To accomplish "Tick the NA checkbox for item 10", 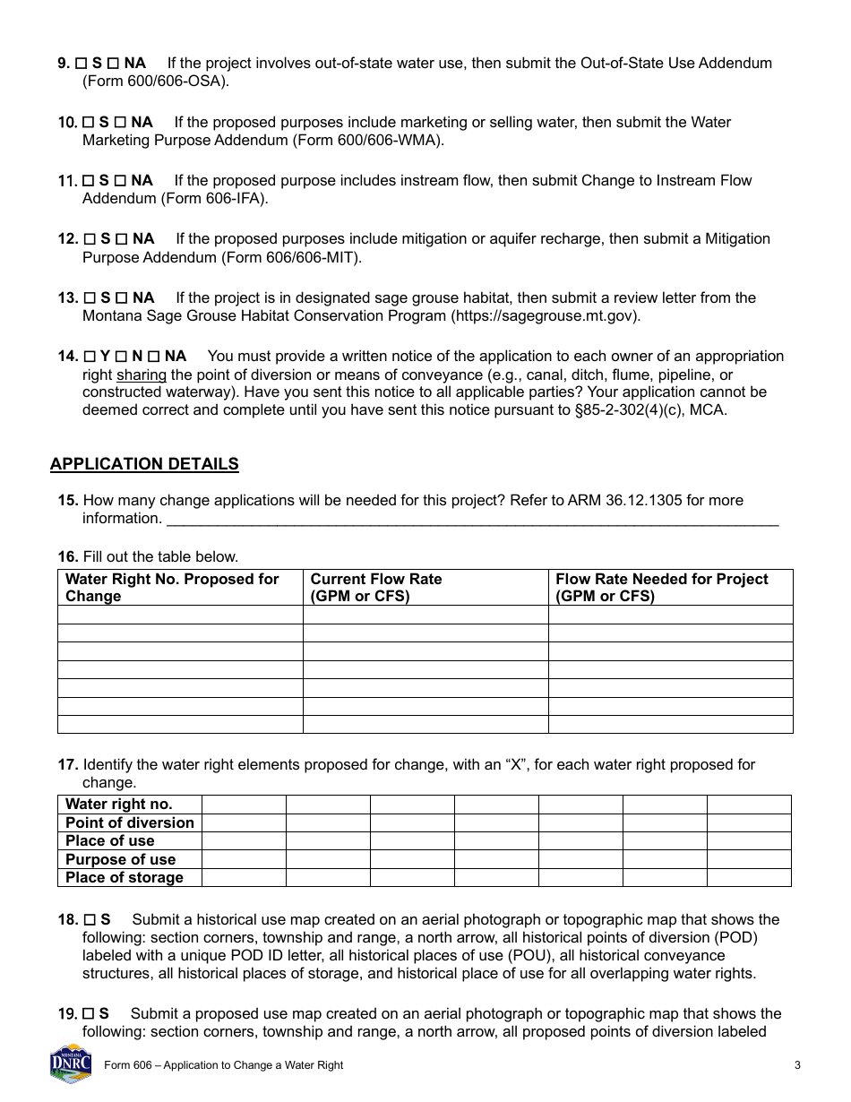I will click(122, 122).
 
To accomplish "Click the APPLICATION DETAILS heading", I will click(144, 464).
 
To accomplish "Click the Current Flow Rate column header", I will click(376, 587).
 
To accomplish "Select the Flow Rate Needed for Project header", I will click(661, 587).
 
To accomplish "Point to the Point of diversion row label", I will click(130, 822).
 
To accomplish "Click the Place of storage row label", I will click(124, 878).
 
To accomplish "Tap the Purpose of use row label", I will click(120, 859).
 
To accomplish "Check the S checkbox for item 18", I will click(90, 920).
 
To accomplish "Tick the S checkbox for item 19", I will click(90, 1014).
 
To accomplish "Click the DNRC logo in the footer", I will click(71, 1064).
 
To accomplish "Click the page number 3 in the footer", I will click(796, 1065).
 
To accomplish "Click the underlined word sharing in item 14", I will click(142, 375).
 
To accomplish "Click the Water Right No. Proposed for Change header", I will click(172, 587).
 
